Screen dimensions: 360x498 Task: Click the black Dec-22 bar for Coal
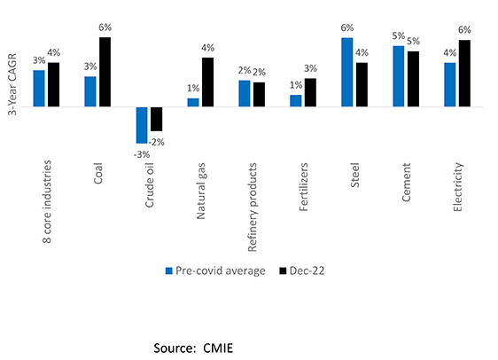pyautogui.click(x=105, y=72)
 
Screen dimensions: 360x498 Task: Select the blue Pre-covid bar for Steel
pyautogui.click(x=346, y=72)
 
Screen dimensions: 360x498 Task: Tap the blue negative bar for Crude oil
pyautogui.click(x=142, y=124)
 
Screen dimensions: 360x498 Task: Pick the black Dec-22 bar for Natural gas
pyautogui.click(x=207, y=82)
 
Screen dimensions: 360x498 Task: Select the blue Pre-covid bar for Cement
pyautogui.click(x=398, y=76)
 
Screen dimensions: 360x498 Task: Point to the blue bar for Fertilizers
pyautogui.click(x=296, y=100)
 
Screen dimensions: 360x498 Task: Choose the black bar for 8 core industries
pyautogui.click(x=53, y=84)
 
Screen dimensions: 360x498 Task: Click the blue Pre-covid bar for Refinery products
pyautogui.click(x=245, y=93)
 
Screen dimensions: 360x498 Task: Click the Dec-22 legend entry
pyautogui.click(x=303, y=270)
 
